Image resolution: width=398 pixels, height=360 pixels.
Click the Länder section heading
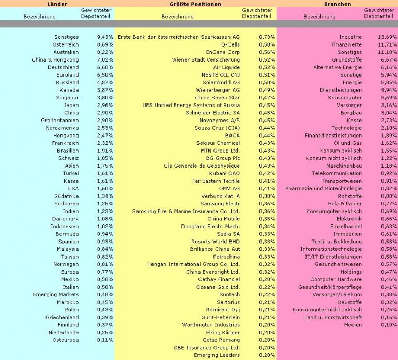(57, 4)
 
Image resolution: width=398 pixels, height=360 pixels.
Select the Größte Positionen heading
(195, 4)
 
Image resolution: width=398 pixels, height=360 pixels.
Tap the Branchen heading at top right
(338, 4)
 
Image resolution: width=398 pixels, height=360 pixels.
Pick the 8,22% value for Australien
(105, 52)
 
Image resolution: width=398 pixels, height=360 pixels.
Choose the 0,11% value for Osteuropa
(105, 340)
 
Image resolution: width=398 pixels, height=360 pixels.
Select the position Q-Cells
(230, 45)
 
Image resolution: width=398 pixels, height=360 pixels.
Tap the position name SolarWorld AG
(221, 82)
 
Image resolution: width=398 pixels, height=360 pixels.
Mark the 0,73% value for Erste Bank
(267, 37)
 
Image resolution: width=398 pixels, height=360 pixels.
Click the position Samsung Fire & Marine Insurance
(186, 211)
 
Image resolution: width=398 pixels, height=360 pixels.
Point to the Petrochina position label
(226, 256)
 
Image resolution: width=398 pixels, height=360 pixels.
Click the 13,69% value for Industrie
(387, 37)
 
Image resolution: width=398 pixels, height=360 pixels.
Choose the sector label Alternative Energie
(338, 67)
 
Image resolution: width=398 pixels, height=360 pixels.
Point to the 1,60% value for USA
(105, 188)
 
